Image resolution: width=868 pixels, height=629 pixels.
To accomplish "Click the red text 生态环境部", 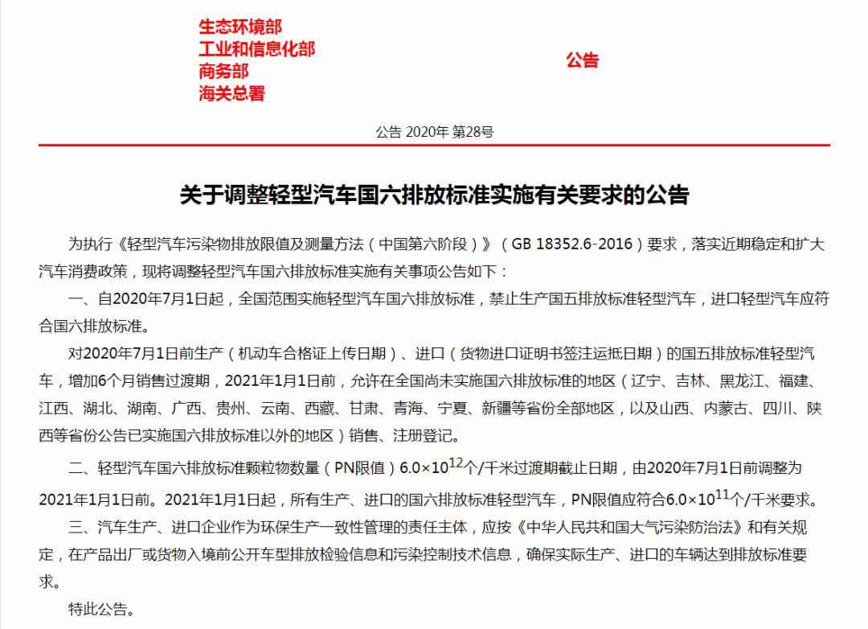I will click(x=240, y=27).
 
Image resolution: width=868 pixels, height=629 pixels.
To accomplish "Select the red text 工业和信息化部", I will click(x=256, y=49).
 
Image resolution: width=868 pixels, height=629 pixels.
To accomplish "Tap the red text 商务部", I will click(x=224, y=71).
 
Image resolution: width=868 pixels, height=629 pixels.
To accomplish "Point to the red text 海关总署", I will click(x=232, y=93).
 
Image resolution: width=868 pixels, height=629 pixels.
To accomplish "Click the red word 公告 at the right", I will click(x=583, y=60).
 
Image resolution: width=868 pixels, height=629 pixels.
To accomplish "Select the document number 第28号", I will click(x=473, y=132).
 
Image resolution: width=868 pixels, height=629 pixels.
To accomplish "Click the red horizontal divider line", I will click(x=434, y=146).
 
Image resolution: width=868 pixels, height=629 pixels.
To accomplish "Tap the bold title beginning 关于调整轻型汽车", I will click(x=434, y=195).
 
